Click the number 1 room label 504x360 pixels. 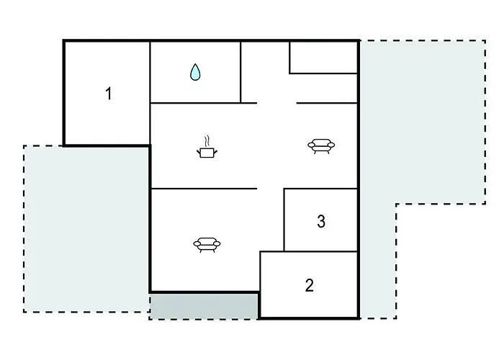point(109,94)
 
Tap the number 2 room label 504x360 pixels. point(309,285)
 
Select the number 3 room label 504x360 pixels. point(321,221)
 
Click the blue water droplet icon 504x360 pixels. point(195,72)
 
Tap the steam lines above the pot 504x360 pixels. point(207,141)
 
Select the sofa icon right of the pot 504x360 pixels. point(321,146)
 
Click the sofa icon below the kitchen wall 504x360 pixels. point(207,245)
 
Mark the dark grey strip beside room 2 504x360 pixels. point(204,306)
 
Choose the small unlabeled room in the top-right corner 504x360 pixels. point(323,57)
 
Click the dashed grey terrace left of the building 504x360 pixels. point(87,228)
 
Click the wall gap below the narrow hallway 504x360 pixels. point(276,103)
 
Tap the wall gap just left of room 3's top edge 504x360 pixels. point(270,189)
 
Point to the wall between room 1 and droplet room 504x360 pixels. point(150,93)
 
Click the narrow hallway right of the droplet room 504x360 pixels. point(265,72)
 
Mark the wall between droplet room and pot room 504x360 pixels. point(195,103)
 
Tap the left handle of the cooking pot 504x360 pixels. point(198,151)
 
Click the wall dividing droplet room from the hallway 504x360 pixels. point(240,72)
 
